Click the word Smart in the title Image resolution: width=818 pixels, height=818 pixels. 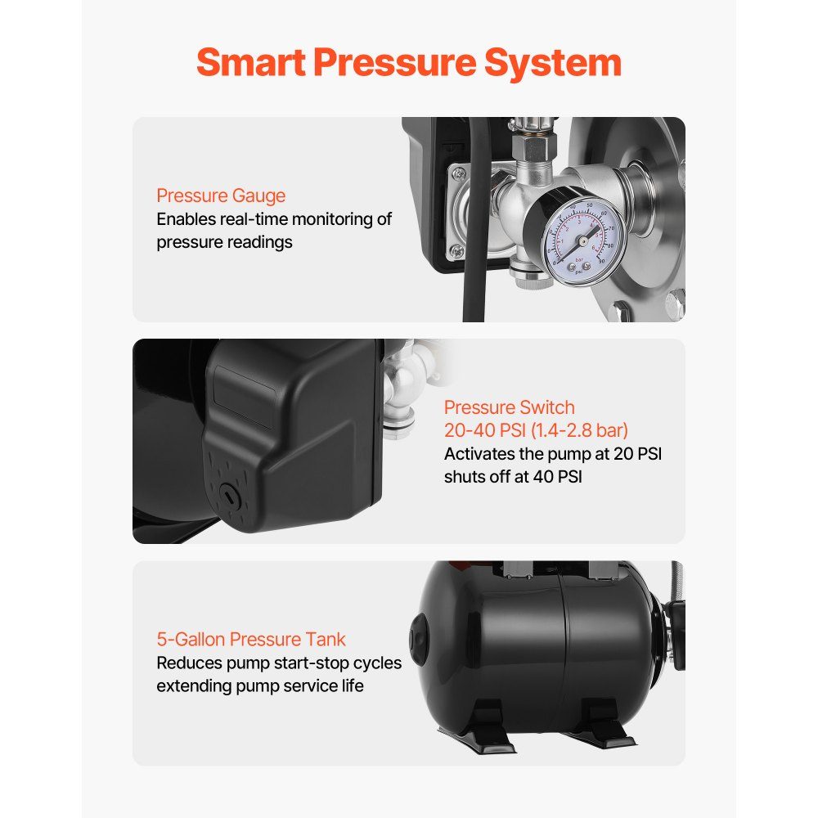pyautogui.click(x=251, y=62)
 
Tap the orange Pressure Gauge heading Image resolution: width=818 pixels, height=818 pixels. pyautogui.click(x=221, y=196)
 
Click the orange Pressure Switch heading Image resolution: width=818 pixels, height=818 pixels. pyautogui.click(x=509, y=407)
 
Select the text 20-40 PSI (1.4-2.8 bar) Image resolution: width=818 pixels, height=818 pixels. pyautogui.click(x=536, y=430)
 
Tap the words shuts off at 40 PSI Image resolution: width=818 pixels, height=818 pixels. pyautogui.click(x=513, y=476)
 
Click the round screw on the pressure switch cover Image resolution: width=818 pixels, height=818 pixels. pyautogui.click(x=229, y=497)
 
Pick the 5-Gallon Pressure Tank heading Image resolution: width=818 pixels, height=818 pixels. pyautogui.click(x=251, y=639)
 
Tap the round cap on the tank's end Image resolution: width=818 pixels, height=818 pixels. pyautogui.click(x=418, y=639)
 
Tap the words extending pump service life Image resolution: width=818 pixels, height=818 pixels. pyautogui.click(x=260, y=686)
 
